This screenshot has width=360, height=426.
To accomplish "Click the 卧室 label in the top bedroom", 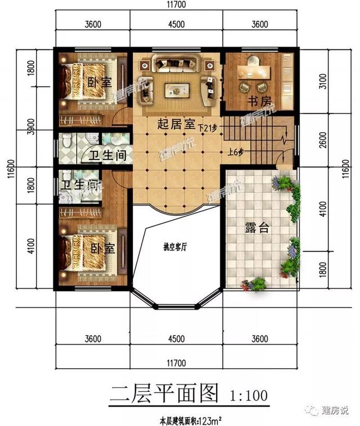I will [101, 82].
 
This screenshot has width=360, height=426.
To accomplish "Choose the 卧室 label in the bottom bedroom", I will [101, 248].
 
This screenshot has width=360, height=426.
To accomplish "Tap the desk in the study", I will [254, 71].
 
